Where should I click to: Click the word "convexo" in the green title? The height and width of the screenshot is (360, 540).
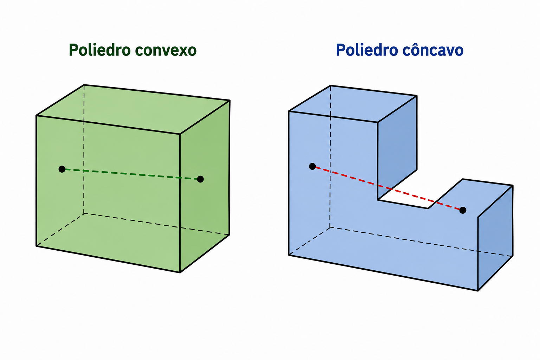click(x=166, y=50)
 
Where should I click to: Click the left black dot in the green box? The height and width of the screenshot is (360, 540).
click(x=62, y=169)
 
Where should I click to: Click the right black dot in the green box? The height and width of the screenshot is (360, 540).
click(x=200, y=179)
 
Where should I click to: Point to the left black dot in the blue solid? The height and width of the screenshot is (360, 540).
click(x=313, y=166)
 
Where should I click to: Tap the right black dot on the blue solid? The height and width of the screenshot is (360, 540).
click(x=463, y=210)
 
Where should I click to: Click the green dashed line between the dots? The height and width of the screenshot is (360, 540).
click(x=131, y=174)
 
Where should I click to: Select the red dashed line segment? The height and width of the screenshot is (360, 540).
click(x=387, y=188)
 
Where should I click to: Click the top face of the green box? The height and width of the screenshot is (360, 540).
click(x=133, y=109)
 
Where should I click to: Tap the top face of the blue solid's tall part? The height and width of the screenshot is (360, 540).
click(x=353, y=104)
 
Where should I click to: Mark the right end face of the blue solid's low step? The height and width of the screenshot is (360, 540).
click(x=495, y=238)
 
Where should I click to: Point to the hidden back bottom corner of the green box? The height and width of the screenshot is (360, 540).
click(x=84, y=213)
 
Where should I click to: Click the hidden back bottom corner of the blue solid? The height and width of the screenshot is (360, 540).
click(x=330, y=227)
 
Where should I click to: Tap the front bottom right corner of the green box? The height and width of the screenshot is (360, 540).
click(x=180, y=272)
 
